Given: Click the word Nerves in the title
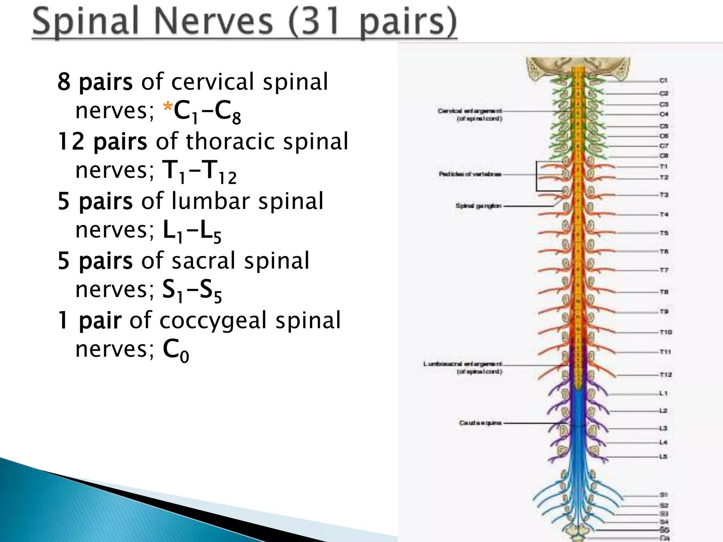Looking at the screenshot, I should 213,22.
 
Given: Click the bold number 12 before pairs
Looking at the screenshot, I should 71,141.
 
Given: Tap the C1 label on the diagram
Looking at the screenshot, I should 663,80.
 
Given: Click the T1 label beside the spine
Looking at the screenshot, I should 663,166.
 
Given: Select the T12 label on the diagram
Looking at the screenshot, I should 665,375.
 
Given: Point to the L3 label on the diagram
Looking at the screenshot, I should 663,428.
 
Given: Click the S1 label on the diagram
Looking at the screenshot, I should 663,495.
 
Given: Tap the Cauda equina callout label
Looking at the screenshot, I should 480,422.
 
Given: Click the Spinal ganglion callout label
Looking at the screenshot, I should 478,205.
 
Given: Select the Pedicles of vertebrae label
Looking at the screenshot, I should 470,174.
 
